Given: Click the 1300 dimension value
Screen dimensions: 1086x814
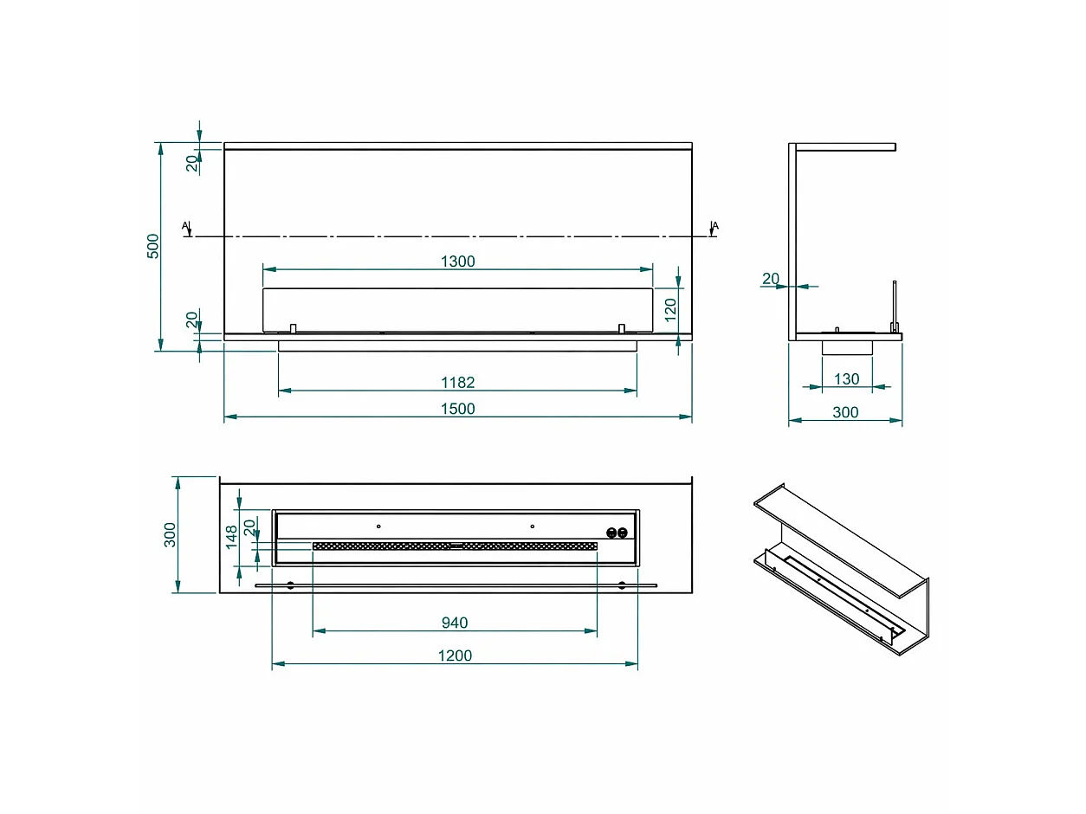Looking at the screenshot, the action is (457, 262).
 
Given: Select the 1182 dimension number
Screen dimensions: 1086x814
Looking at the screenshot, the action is (457, 382).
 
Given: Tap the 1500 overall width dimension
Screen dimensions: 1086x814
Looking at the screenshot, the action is (457, 409).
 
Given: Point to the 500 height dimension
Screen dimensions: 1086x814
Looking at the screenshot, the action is (153, 246).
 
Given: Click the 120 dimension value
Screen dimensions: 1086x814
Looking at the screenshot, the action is (670, 309).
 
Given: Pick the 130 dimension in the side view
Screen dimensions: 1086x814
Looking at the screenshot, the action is (846, 378).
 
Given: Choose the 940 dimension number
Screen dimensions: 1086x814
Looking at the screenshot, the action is (455, 623).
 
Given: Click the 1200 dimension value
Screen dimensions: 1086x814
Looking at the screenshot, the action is (455, 656).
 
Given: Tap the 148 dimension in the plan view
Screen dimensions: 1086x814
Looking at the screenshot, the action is (231, 537).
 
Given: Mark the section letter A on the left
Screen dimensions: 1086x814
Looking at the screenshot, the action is (185, 225).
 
